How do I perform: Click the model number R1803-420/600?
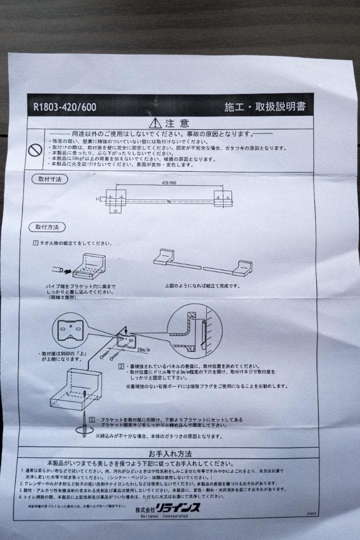pos(64,106)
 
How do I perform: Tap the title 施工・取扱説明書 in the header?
pos(265,106)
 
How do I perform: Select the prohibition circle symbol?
pos(34,149)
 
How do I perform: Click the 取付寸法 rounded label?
pos(49,179)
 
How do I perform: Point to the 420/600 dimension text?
pos(169,183)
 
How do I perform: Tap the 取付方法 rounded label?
pos(47,227)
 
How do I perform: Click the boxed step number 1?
pos(35,243)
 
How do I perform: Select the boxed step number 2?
pos(121,366)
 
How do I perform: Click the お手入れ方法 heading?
pos(169,454)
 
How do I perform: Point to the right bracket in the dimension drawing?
pos(224,198)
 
